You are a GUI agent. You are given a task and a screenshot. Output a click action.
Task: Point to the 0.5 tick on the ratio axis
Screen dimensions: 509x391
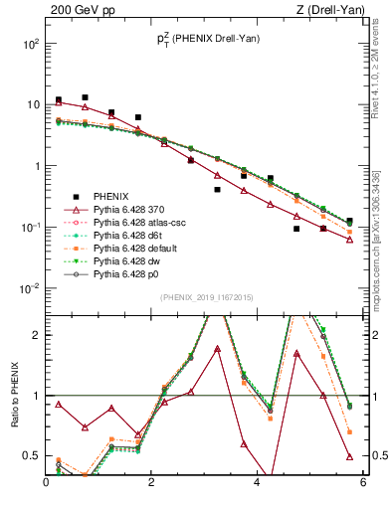click(32, 456)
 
